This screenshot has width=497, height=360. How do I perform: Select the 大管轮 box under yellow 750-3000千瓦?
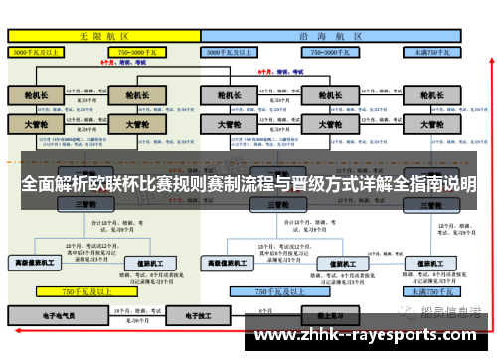(130, 125)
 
